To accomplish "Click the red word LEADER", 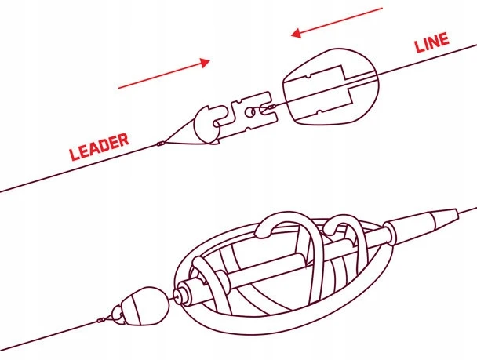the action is pyautogui.click(x=99, y=147).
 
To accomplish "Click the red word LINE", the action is pyautogui.click(x=432, y=42).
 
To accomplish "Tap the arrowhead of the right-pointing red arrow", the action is pyautogui.click(x=205, y=62).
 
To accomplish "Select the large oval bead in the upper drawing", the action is pyautogui.click(x=330, y=86).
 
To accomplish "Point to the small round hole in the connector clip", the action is pyautogui.click(x=249, y=112).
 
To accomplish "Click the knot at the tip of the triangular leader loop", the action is pyautogui.click(x=161, y=144).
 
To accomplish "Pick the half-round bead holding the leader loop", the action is pyautogui.click(x=207, y=126).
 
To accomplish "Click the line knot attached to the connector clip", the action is pyautogui.click(x=271, y=107).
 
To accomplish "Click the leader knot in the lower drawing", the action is pyautogui.click(x=101, y=320).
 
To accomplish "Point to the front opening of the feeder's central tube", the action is pyautogui.click(x=177, y=295).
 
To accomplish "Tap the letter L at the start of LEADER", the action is pyautogui.click(x=74, y=155).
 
